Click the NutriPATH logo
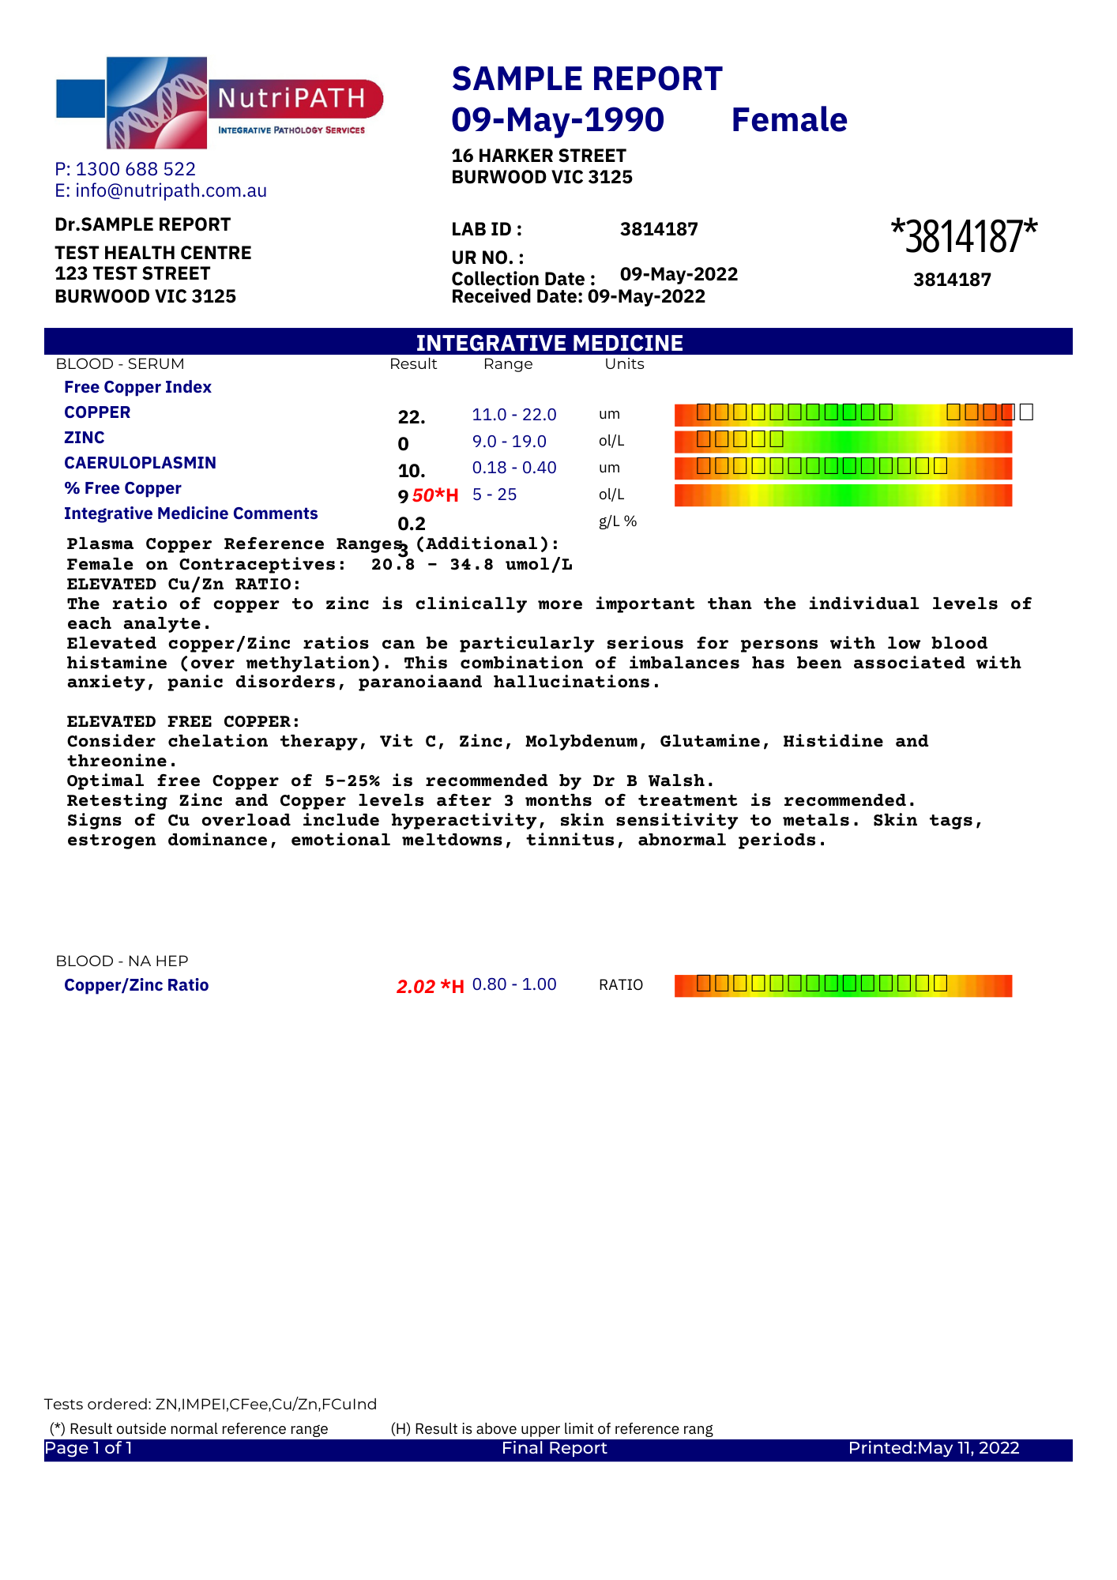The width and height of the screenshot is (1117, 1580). coord(219,103)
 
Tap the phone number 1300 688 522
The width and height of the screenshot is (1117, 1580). coord(135,169)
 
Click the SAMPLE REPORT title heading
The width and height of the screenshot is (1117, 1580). coord(587,79)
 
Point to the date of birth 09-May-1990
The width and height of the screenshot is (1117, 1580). coord(558,120)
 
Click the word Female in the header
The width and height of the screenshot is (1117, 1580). coord(789,120)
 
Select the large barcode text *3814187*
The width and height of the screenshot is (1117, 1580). coord(964,236)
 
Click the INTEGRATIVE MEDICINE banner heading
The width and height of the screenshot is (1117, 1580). coord(550,343)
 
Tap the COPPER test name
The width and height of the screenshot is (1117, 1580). coord(97,412)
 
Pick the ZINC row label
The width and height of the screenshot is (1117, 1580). coord(85,438)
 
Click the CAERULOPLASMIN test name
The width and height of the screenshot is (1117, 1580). coord(140,463)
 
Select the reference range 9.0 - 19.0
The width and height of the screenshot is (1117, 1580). coord(510,442)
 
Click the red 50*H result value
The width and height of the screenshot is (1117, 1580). coord(435,495)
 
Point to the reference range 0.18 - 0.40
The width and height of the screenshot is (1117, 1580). coord(514,468)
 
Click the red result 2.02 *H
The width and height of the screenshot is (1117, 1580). coord(430,986)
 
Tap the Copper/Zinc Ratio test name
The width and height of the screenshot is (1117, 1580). coord(136,985)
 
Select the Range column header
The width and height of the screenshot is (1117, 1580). coord(508,364)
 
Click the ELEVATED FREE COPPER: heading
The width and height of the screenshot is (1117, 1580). coord(183,721)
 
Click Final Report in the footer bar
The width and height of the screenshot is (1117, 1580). coord(555,1448)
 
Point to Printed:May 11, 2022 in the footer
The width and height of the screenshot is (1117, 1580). coord(934,1448)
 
